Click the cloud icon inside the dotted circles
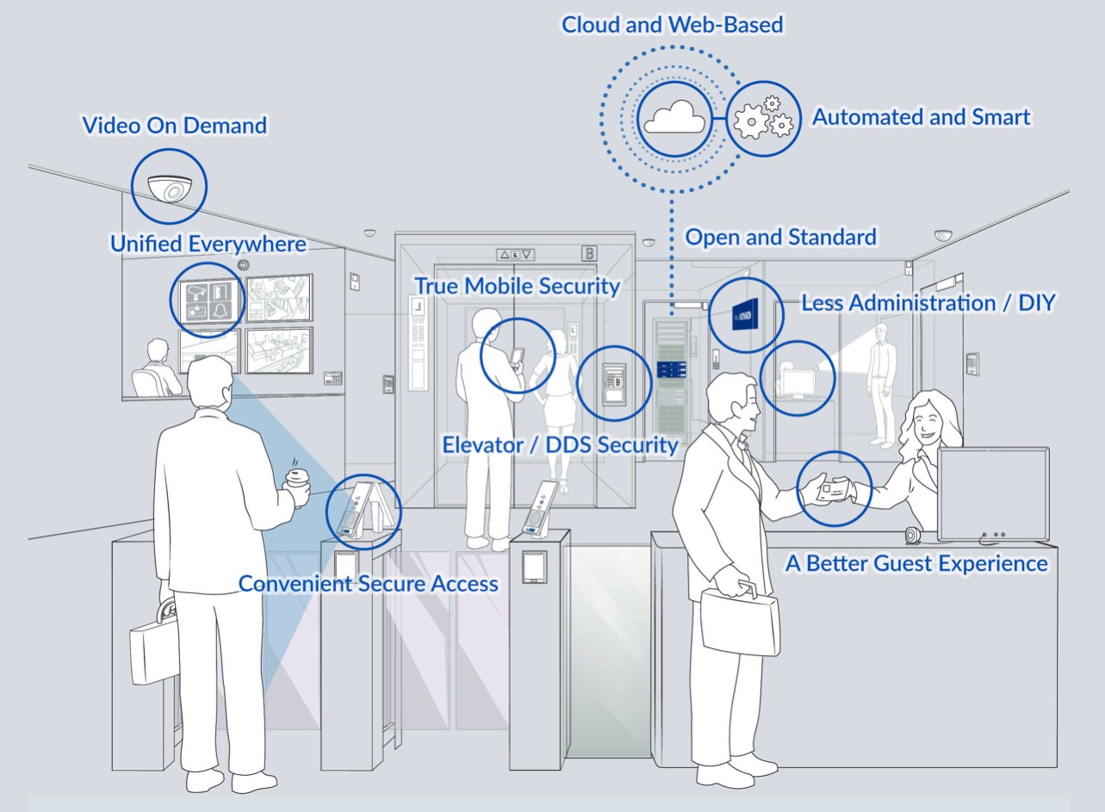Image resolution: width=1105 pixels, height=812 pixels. click(x=675, y=118)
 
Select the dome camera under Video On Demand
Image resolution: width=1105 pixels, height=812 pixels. click(x=169, y=188)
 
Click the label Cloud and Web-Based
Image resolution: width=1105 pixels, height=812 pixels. click(x=672, y=25)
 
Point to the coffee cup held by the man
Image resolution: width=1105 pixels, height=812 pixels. click(x=298, y=484)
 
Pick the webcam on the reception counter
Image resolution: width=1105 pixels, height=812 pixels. click(x=911, y=536)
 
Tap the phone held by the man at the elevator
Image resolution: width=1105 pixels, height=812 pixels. click(x=518, y=356)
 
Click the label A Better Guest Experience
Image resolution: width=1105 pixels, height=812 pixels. click(x=916, y=564)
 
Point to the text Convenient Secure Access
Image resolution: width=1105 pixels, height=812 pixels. click(x=368, y=584)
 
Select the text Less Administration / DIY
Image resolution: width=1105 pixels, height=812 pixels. click(x=927, y=303)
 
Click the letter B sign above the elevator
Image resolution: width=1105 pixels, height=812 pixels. click(x=590, y=253)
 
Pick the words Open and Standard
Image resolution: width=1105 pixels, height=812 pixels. click(x=780, y=237)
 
